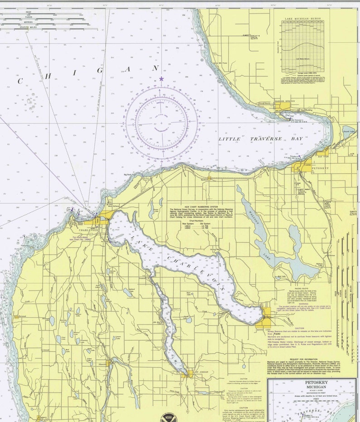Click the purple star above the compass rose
(x=161, y=79)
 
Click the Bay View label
(x=323, y=156)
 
